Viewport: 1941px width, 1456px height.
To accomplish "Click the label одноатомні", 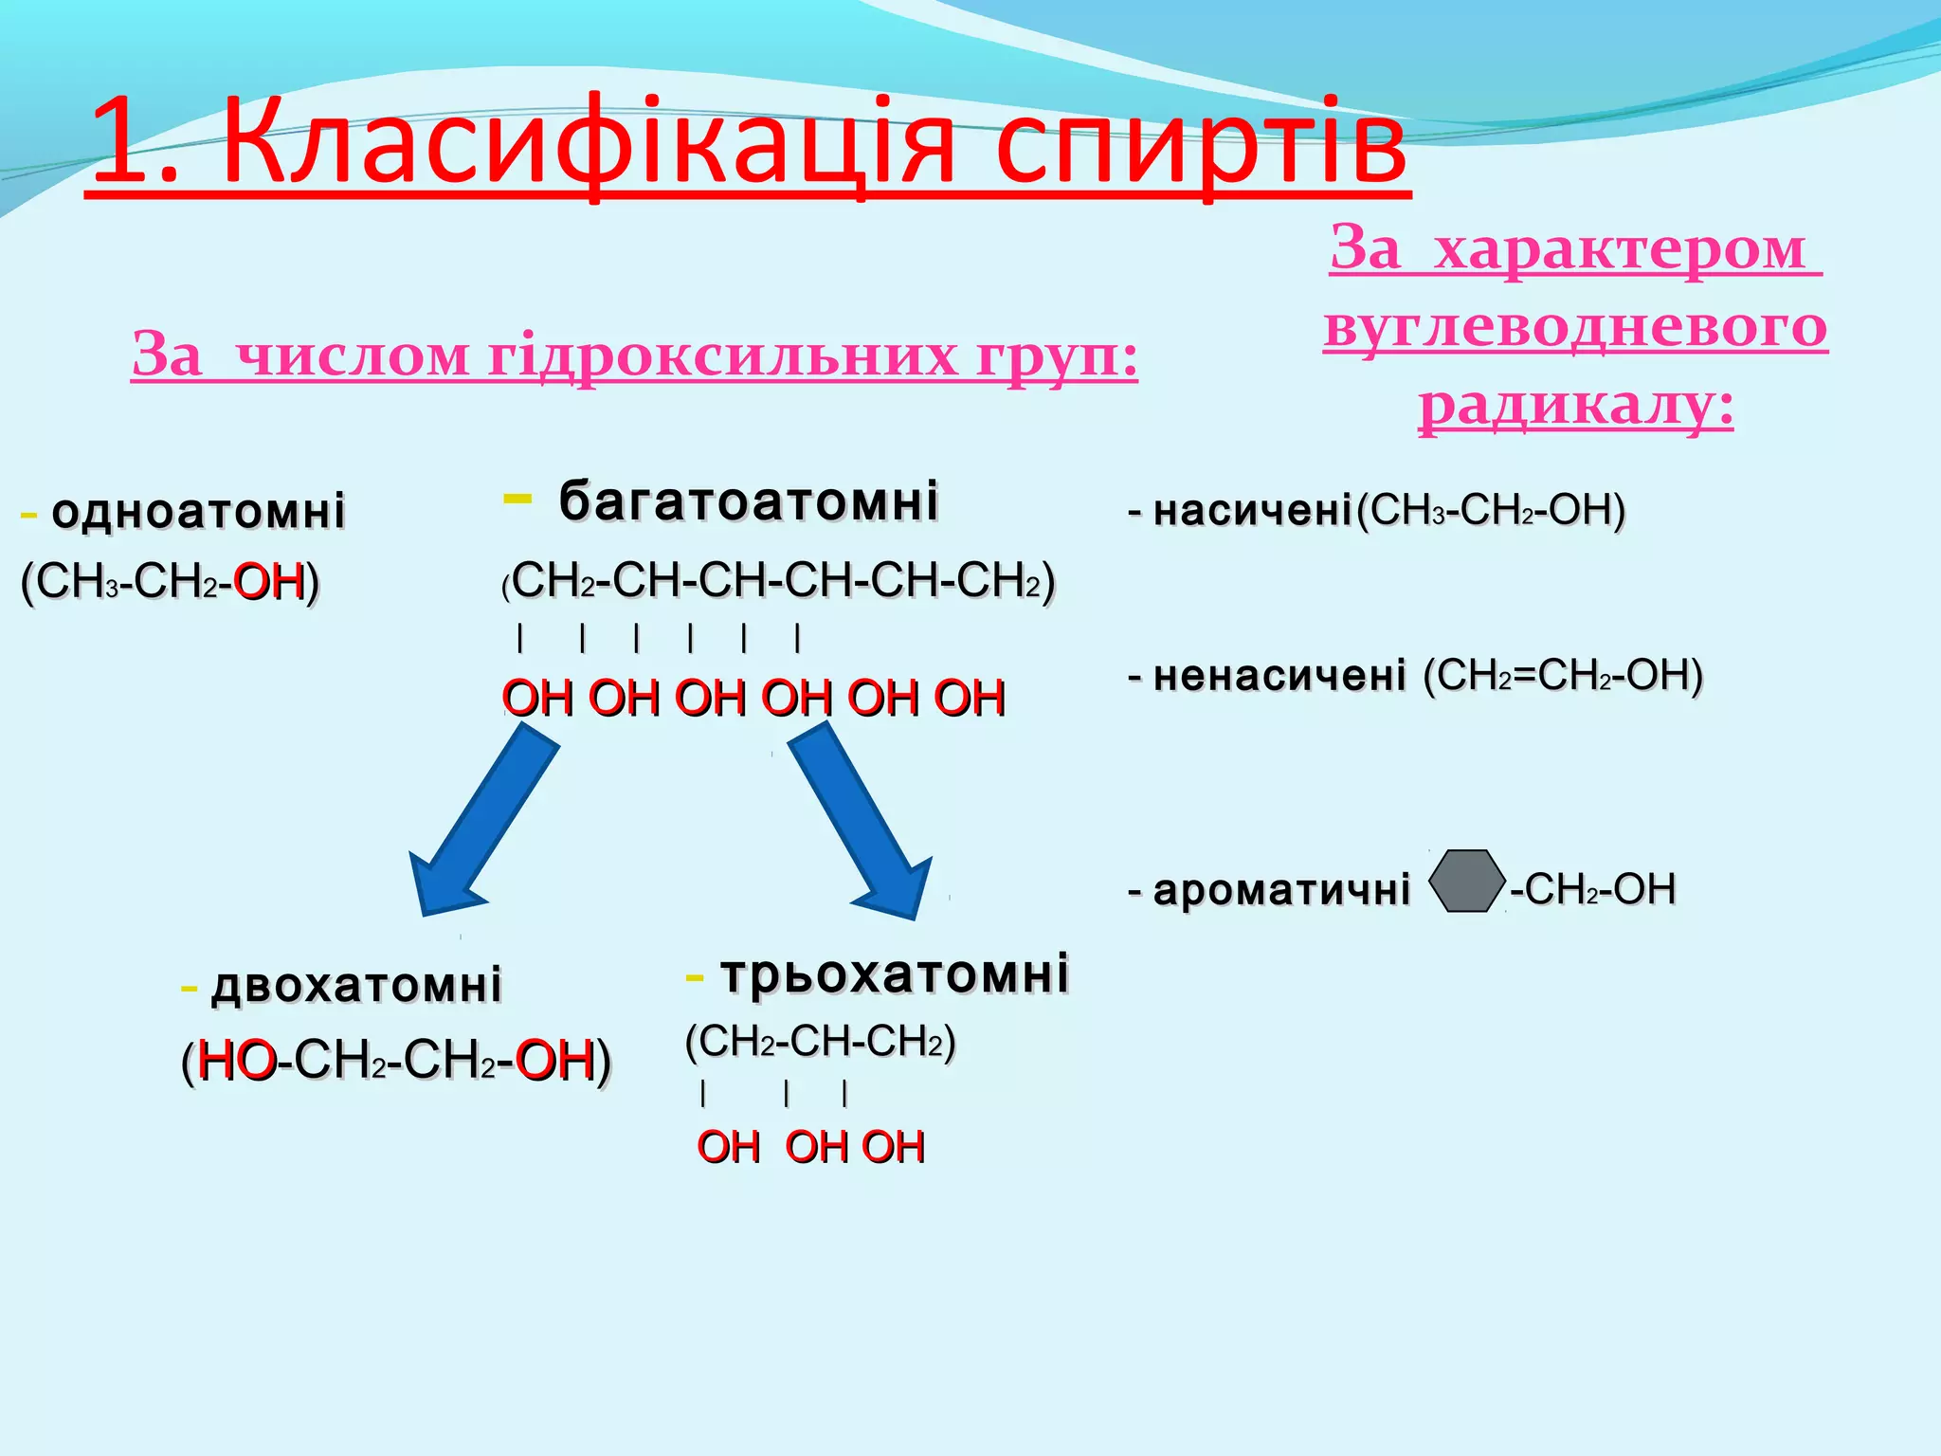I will (x=198, y=511).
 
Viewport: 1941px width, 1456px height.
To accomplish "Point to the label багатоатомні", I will (x=749, y=500).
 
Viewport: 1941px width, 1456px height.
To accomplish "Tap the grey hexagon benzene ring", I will (x=1466, y=882).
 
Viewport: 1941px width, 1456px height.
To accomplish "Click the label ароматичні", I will (x=1281, y=890).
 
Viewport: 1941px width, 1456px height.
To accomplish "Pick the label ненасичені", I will (x=1279, y=676).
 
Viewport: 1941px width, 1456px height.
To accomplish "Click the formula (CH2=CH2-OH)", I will (x=1563, y=675).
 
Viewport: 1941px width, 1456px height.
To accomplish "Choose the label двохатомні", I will (x=356, y=985).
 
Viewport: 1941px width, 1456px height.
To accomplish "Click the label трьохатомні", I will (x=895, y=974).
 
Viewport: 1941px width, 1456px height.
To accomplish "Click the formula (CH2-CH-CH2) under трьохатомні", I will (x=821, y=1042).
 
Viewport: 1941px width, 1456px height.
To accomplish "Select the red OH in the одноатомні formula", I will (x=268, y=581).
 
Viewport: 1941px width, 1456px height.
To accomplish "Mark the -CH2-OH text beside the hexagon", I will (x=1593, y=890).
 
